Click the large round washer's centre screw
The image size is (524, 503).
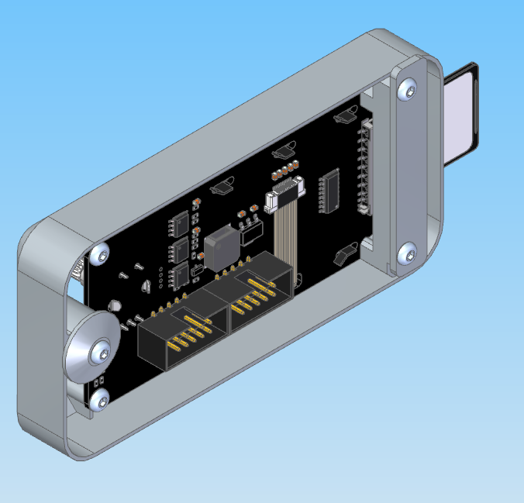(x=101, y=353)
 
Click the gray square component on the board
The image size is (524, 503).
(x=219, y=246)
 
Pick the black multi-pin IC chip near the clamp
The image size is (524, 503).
(x=332, y=191)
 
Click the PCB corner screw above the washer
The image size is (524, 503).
(x=98, y=253)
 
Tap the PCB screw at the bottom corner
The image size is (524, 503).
(x=99, y=401)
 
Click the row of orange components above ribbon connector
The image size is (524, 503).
(x=284, y=169)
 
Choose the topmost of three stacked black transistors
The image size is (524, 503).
(x=179, y=225)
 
